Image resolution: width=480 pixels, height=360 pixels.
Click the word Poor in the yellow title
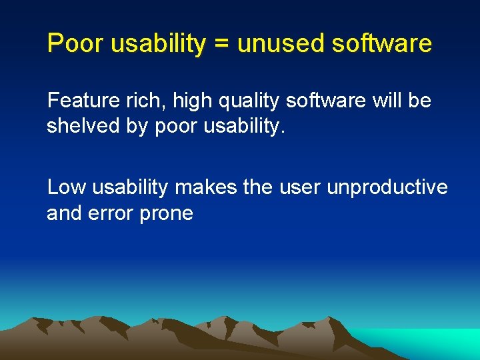tap(73, 44)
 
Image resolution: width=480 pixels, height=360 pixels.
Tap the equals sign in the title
tap(223, 45)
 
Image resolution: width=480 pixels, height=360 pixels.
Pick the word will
tap(385, 101)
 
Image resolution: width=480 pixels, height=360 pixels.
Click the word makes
tap(205, 188)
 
